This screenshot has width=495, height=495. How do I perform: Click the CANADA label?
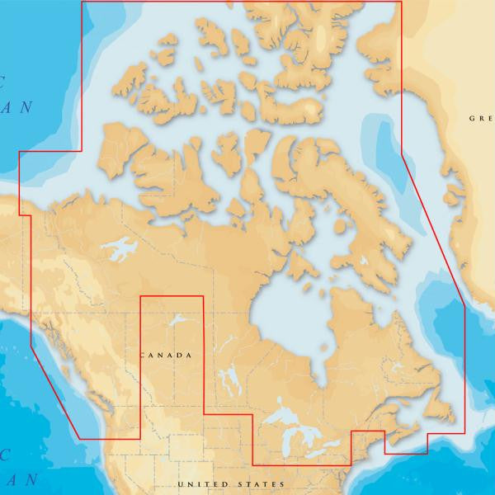click(x=167, y=355)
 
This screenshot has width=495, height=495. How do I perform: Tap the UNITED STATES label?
click(x=231, y=483)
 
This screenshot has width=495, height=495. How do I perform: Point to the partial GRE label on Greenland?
click(x=481, y=118)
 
